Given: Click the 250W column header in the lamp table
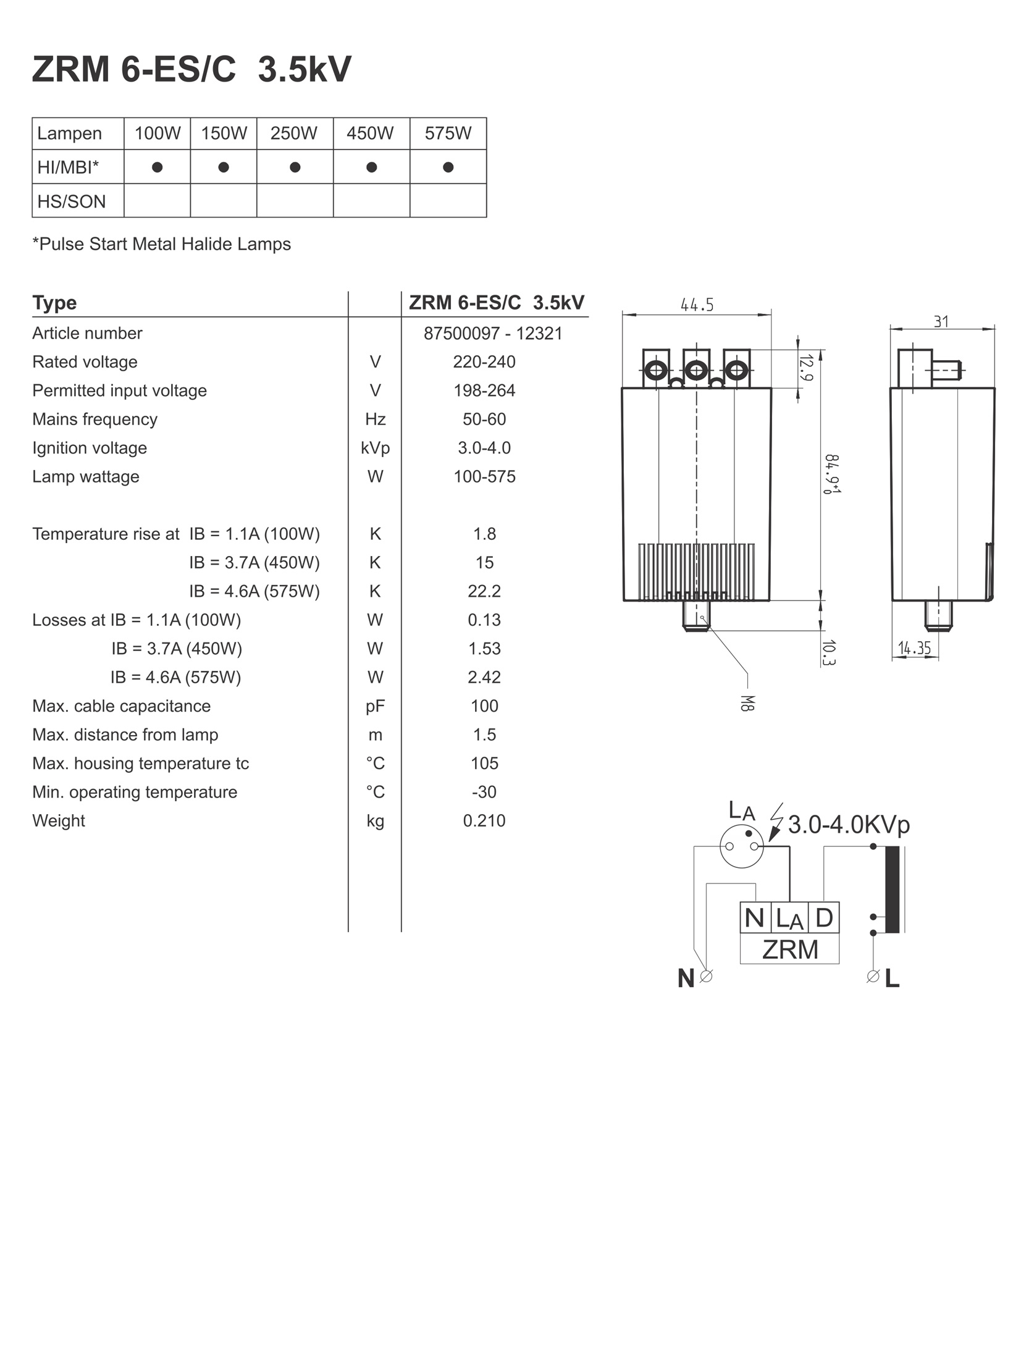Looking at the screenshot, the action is (x=294, y=133).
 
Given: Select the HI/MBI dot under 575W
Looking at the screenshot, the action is (x=448, y=167).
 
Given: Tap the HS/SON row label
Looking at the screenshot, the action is (x=72, y=201).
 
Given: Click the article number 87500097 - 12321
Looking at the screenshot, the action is (x=493, y=334).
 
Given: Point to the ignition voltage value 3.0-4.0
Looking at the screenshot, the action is (x=484, y=448).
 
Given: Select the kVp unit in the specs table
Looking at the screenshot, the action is (x=376, y=448).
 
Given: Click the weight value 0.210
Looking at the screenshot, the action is (x=484, y=820).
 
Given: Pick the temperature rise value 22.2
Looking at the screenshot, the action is (x=484, y=591).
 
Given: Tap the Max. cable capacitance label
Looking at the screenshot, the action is (x=122, y=706).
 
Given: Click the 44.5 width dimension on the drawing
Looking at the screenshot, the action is (x=697, y=305).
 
